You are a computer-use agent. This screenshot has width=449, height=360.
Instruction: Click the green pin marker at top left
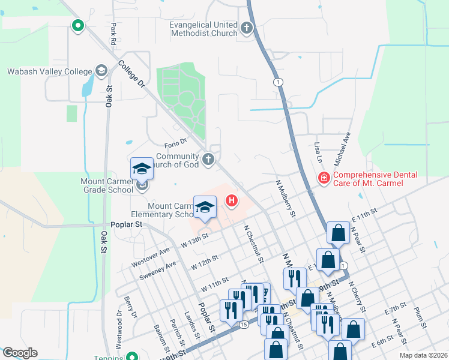click(x=77, y=26)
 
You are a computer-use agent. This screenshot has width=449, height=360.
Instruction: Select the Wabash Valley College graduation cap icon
click(x=100, y=71)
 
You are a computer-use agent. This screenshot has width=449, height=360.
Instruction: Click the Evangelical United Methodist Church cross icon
click(x=246, y=28)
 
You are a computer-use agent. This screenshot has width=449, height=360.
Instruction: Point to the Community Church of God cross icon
click(x=208, y=160)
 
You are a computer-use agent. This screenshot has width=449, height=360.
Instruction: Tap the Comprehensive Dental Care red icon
click(x=323, y=178)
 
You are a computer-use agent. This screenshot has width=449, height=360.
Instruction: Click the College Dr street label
click(x=133, y=74)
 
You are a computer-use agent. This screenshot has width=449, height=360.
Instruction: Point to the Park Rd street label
click(x=112, y=34)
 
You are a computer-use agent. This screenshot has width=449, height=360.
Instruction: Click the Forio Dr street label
click(x=176, y=145)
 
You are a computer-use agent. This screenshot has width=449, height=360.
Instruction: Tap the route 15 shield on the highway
click(x=243, y=325)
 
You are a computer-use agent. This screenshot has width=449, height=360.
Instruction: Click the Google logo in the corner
click(x=20, y=353)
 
